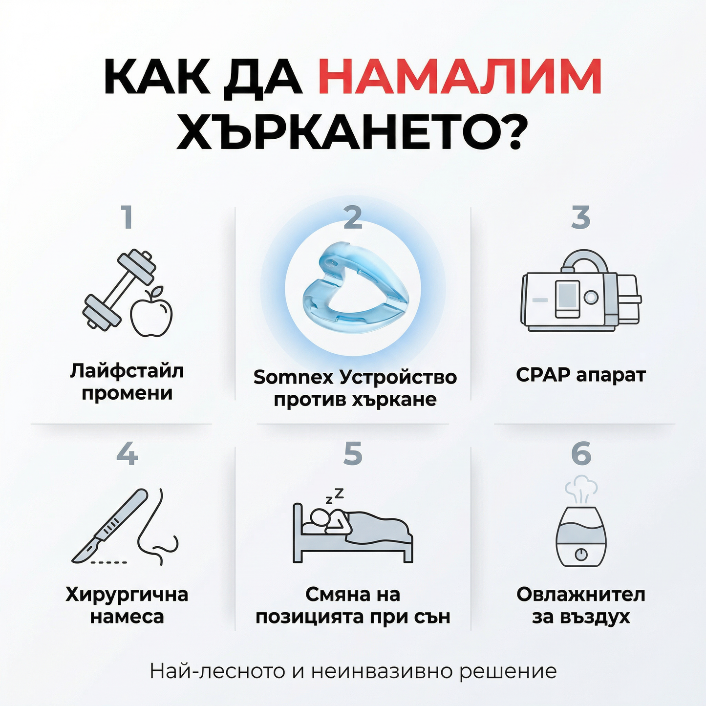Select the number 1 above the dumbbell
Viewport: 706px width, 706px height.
click(128, 217)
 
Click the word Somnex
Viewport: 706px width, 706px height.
click(293, 377)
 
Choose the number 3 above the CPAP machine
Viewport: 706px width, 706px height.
click(580, 217)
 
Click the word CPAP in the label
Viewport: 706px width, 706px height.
click(543, 375)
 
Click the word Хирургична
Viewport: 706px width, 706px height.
click(127, 595)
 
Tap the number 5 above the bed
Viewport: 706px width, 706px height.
click(353, 454)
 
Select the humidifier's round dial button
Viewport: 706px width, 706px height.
click(581, 555)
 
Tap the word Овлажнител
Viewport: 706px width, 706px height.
click(580, 595)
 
